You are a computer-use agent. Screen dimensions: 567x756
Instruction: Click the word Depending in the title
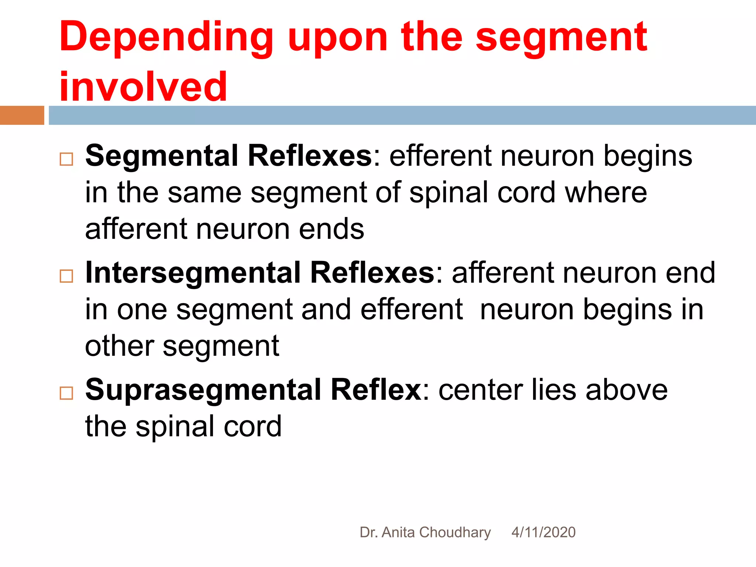point(166,38)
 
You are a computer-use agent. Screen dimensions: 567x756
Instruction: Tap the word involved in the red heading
point(143,87)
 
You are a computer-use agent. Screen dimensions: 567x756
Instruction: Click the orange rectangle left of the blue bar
point(22,115)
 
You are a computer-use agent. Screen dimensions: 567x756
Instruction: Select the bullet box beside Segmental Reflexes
point(66,159)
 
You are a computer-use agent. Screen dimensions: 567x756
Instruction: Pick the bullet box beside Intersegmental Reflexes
point(66,276)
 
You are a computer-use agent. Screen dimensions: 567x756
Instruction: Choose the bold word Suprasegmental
point(203,390)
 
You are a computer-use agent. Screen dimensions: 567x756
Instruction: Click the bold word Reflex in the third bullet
point(376,390)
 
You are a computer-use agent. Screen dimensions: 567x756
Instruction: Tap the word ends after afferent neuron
point(331,229)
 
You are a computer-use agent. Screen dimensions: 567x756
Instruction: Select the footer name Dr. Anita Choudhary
point(425,532)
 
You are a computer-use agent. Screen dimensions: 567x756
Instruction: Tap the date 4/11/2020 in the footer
point(543,532)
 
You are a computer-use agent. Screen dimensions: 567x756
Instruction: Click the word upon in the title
point(337,38)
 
